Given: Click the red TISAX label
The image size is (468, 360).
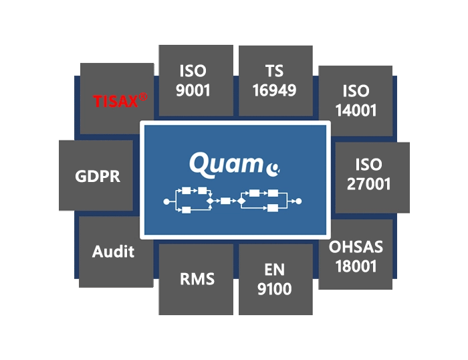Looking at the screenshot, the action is [x=116, y=101].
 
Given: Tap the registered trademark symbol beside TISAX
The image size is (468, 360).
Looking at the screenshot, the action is [x=143, y=97].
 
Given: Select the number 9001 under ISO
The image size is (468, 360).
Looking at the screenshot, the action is [x=193, y=90].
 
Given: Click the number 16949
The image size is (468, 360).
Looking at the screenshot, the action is [x=274, y=90].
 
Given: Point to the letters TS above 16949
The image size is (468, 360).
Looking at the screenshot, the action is [x=274, y=71].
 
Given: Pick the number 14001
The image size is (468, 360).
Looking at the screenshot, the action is [x=356, y=110].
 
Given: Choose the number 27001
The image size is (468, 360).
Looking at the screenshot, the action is [x=368, y=184].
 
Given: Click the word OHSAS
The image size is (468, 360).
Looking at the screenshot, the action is [x=356, y=247].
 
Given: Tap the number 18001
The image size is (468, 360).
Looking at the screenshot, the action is [x=356, y=266].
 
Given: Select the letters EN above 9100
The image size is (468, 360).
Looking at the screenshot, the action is [x=274, y=270].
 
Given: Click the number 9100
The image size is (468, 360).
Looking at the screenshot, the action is [x=274, y=289].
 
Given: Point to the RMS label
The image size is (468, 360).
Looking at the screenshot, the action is [x=197, y=279].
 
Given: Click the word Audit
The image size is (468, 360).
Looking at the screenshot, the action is [x=113, y=252].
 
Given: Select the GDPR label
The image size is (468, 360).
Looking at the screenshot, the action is [x=98, y=176].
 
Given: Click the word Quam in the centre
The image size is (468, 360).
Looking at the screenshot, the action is [x=226, y=165].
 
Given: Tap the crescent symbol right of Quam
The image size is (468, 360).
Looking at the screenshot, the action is [x=273, y=169].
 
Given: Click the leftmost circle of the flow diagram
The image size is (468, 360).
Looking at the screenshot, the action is [x=166, y=201].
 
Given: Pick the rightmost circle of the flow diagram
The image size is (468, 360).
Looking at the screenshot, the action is [x=298, y=201].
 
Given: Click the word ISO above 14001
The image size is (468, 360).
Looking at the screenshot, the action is [x=356, y=91].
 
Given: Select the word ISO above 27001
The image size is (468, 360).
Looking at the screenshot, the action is [x=368, y=165].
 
